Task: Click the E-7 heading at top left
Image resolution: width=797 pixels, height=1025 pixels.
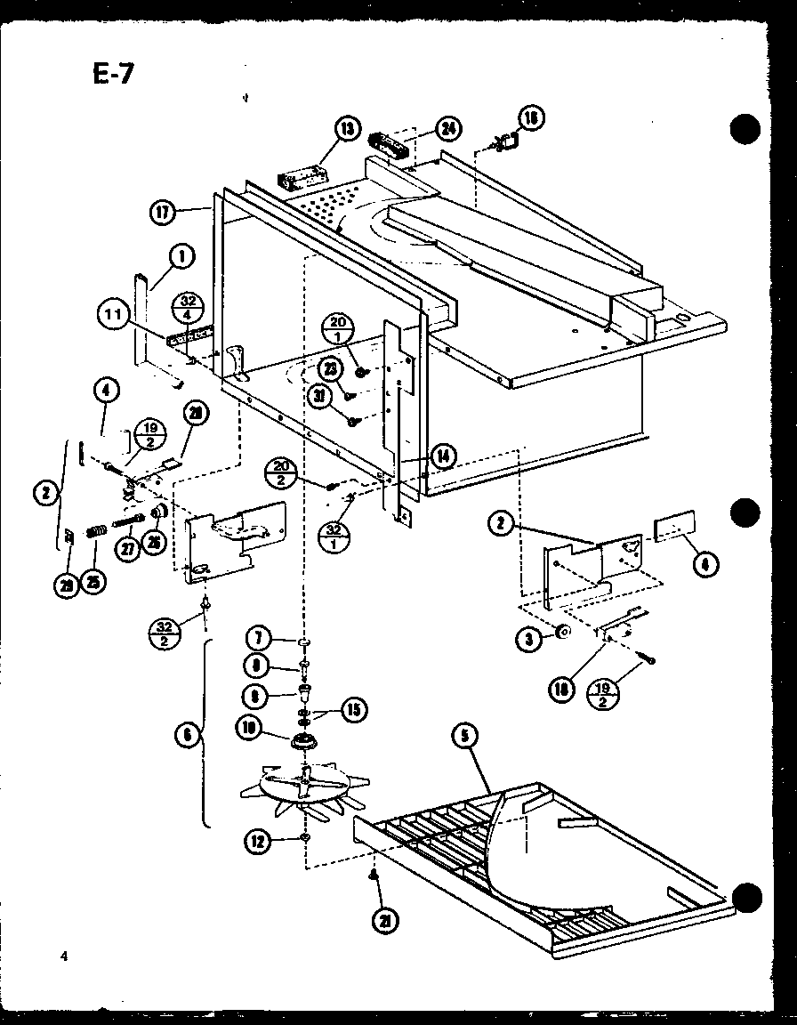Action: tap(113, 72)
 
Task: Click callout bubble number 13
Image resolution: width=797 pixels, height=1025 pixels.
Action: tap(344, 129)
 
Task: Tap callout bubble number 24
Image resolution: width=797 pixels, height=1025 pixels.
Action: tap(449, 128)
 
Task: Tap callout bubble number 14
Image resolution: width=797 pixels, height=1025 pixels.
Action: tap(442, 456)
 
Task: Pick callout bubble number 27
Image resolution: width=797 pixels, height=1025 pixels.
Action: tap(130, 550)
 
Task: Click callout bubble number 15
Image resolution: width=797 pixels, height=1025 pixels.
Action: tap(353, 709)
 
